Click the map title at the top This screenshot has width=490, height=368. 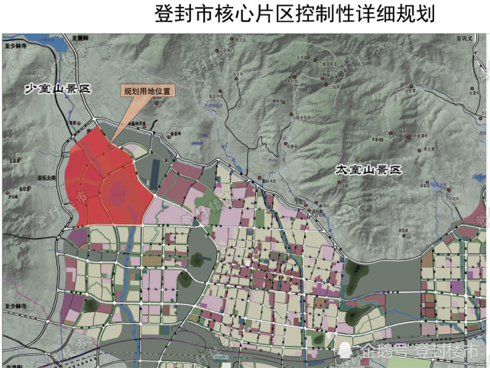click(294, 15)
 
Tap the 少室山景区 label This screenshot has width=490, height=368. click(58, 90)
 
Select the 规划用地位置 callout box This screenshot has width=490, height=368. click(148, 90)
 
